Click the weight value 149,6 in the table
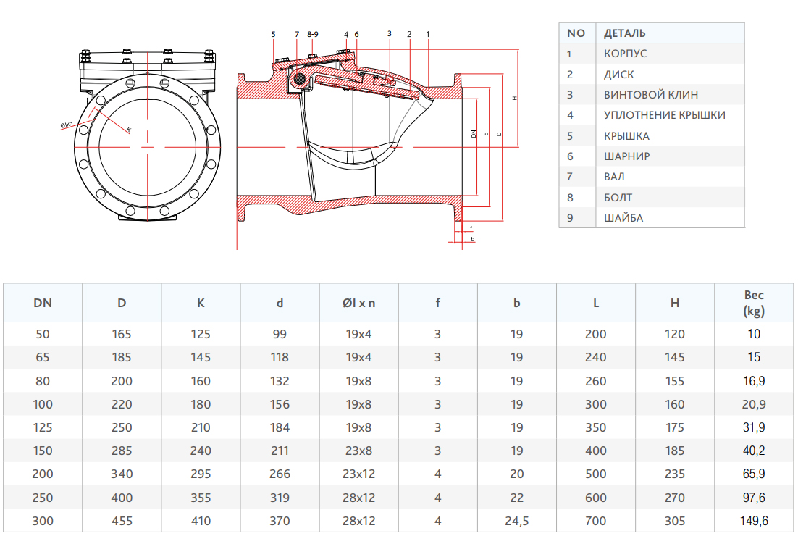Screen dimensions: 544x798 pyautogui.click(x=754, y=521)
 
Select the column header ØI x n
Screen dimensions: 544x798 pyautogui.click(x=359, y=303)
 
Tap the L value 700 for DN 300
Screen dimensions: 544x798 pyautogui.click(x=596, y=521)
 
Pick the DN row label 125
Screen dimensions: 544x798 pyautogui.click(x=43, y=427)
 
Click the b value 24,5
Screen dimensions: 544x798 pyautogui.click(x=516, y=521)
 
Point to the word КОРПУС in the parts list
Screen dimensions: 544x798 pyautogui.click(x=626, y=54)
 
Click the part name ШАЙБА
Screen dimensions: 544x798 pyautogui.click(x=623, y=217)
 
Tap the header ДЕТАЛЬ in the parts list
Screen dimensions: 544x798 pyautogui.click(x=624, y=33)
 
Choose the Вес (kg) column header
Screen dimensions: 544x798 pyautogui.click(x=754, y=303)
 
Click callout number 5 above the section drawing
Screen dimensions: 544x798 pyautogui.click(x=274, y=34)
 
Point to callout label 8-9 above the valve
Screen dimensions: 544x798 pyautogui.click(x=313, y=34)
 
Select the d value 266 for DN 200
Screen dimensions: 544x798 pyautogui.click(x=280, y=474)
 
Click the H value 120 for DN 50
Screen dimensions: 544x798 pyautogui.click(x=675, y=335)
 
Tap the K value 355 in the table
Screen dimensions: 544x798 pyautogui.click(x=201, y=498)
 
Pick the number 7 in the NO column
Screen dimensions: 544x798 pyautogui.click(x=570, y=176)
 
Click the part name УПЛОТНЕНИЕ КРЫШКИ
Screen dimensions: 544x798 pyautogui.click(x=664, y=115)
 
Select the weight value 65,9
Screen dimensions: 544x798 pyautogui.click(x=754, y=474)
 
